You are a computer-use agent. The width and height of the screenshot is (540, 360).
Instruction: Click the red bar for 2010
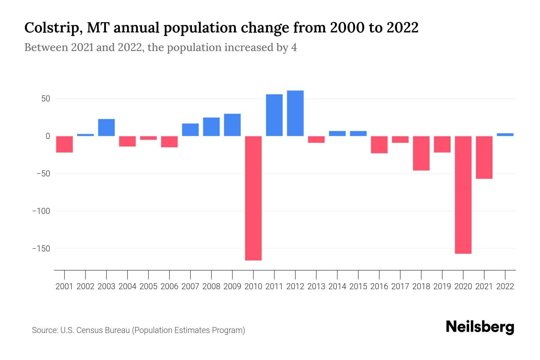pos(253,198)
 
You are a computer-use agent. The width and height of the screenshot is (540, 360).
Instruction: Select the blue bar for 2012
pos(295,113)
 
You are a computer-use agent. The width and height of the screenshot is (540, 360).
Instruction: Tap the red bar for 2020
pos(463,195)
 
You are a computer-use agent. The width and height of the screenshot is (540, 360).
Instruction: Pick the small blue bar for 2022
pos(505,135)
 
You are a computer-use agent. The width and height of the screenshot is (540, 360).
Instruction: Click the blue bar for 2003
pos(106,127)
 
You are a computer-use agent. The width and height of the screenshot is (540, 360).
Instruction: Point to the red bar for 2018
pos(421,153)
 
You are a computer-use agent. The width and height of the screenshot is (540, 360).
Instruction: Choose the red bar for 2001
pos(64,144)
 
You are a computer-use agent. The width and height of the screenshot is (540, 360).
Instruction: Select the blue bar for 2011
pos(274,115)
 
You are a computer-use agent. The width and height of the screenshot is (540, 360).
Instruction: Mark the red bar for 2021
pos(484,157)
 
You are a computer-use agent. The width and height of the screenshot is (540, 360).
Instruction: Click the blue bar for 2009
pos(232,125)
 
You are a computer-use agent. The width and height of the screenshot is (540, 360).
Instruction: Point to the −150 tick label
pos(41,249)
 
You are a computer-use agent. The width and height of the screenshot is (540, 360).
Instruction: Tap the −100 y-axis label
pos(41,211)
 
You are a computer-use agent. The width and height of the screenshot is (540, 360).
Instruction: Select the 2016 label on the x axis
pos(379,286)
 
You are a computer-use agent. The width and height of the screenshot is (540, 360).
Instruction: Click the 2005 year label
pos(148,286)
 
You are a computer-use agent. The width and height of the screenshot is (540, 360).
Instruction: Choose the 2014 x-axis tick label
pos(337,286)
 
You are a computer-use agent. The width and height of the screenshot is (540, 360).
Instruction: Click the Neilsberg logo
pos(480,327)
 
